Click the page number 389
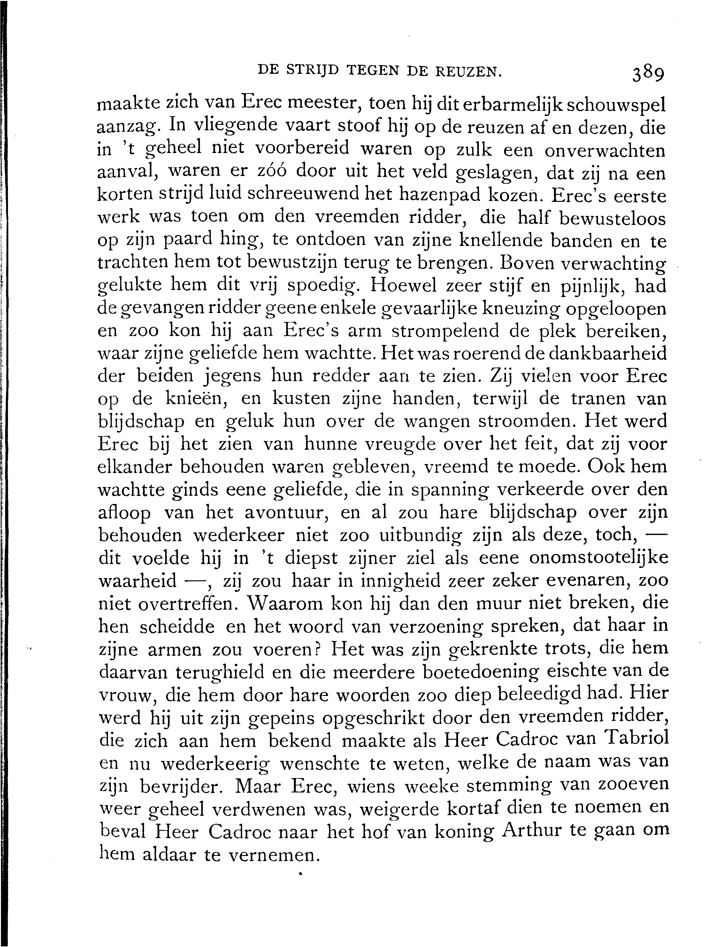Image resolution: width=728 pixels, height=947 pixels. [648, 74]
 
